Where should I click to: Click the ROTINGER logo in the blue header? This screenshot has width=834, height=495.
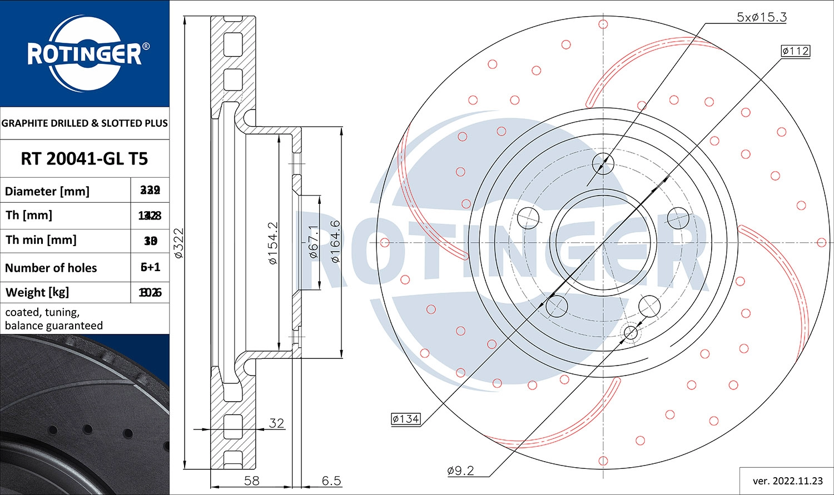[85, 54]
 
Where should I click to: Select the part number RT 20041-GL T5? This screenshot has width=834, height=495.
[85, 159]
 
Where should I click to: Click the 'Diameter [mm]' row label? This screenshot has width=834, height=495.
[47, 191]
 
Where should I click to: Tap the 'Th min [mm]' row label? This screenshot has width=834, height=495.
[41, 240]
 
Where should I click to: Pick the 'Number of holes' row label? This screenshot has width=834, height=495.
[51, 268]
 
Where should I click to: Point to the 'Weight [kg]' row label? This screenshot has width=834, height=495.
[37, 292]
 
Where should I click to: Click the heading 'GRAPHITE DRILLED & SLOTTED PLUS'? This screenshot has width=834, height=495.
[85, 123]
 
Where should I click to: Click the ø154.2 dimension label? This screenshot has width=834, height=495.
[273, 243]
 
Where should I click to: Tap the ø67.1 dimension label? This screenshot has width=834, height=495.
[314, 242]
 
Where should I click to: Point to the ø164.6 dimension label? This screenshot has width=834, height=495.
[335, 242]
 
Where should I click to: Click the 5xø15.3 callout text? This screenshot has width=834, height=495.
[761, 17]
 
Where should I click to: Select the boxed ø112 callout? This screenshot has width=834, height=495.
[795, 51]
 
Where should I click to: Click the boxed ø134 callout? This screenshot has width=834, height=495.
[405, 419]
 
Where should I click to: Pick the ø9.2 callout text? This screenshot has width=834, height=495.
[460, 471]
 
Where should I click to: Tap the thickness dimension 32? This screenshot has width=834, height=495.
[276, 423]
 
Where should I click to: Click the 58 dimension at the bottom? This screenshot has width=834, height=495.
[252, 481]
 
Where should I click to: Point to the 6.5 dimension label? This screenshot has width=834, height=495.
[331, 481]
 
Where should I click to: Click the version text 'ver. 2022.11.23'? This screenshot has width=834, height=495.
[787, 481]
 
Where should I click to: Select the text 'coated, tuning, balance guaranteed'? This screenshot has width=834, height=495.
[54, 319]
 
